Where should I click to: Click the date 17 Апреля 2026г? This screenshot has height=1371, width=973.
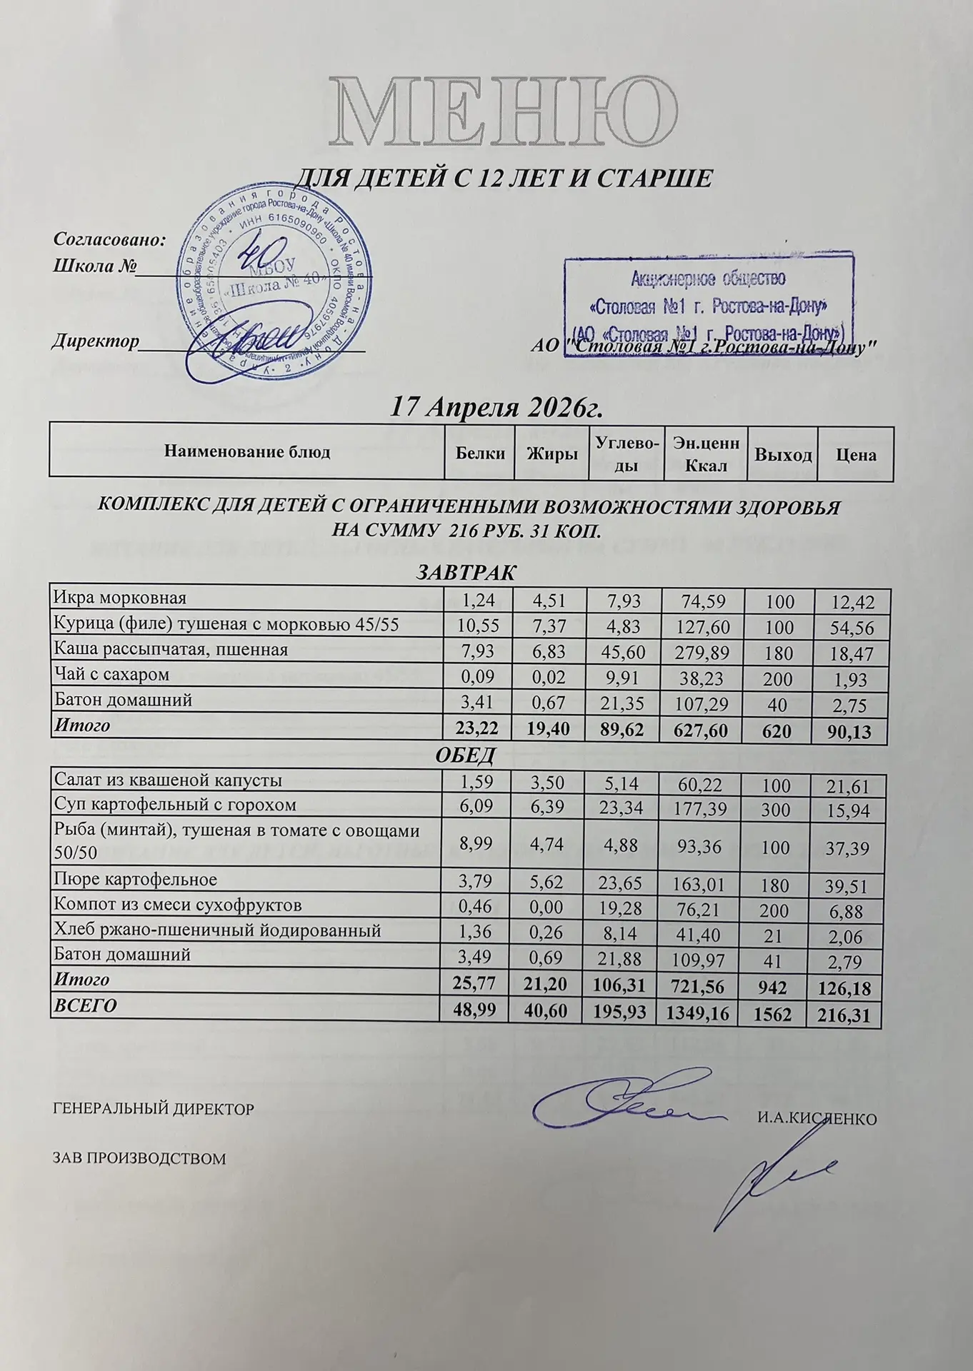tap(494, 407)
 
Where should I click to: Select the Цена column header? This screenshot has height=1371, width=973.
tap(855, 455)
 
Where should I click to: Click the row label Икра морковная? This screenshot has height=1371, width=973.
tap(120, 597)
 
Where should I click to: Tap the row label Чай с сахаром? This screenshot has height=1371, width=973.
tap(111, 674)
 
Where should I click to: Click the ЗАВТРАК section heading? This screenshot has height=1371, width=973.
tap(466, 573)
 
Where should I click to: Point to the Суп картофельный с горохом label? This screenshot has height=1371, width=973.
tap(175, 805)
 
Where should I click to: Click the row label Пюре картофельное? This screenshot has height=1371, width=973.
tap(135, 879)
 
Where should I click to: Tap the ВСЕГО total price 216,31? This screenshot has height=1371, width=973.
tap(846, 1014)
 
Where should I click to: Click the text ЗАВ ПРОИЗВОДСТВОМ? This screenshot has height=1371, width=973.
tap(140, 1158)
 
